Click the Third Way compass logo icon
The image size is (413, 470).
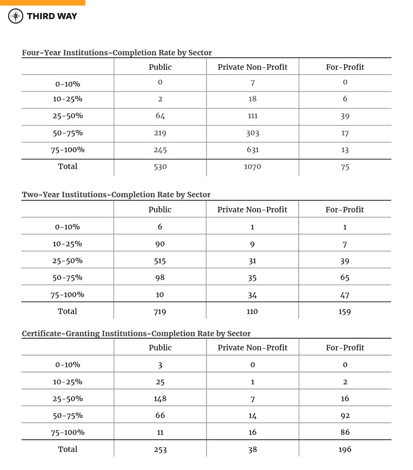(x=16, y=16)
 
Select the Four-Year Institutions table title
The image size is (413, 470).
(x=117, y=53)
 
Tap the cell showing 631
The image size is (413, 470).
(x=253, y=150)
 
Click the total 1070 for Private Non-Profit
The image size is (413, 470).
(x=253, y=167)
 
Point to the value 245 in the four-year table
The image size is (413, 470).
(x=160, y=150)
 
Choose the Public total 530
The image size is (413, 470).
(x=160, y=167)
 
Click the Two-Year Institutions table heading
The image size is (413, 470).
(x=116, y=195)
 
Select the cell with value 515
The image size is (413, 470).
(x=160, y=261)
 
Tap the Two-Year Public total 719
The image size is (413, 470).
(x=160, y=311)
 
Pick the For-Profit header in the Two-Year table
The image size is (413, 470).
(x=345, y=210)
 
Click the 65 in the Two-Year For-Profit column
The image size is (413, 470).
(x=345, y=278)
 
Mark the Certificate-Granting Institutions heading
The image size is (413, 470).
(x=136, y=333)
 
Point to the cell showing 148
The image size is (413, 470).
(x=160, y=399)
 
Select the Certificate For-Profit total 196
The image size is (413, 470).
(x=345, y=449)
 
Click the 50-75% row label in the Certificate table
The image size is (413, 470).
(x=68, y=416)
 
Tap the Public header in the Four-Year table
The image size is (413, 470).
(x=160, y=67)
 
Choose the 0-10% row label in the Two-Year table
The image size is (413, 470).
(x=68, y=227)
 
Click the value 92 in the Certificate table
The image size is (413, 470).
(x=345, y=416)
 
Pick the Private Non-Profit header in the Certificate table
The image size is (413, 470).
(x=253, y=348)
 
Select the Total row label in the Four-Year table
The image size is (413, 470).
(x=68, y=166)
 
